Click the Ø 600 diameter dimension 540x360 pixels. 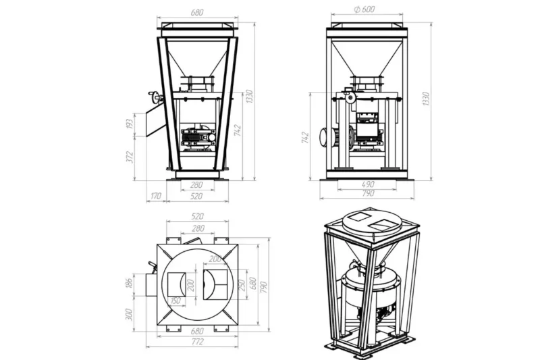click(x=364, y=9)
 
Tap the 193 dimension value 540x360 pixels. click(x=129, y=124)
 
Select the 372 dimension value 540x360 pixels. click(x=130, y=157)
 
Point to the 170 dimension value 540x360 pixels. click(x=156, y=196)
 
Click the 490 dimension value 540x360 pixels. click(x=368, y=184)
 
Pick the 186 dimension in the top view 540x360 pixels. click(x=129, y=283)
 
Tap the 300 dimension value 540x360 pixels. click(x=129, y=314)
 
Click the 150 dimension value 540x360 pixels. click(x=175, y=301)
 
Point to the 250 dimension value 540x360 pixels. click(x=242, y=285)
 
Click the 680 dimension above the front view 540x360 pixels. click(x=197, y=12)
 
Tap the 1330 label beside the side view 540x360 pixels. click(x=426, y=99)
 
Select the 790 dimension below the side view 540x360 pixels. click(x=368, y=193)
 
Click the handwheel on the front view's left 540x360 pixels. click(x=155, y=97)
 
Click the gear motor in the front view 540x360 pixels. click(x=198, y=138)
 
